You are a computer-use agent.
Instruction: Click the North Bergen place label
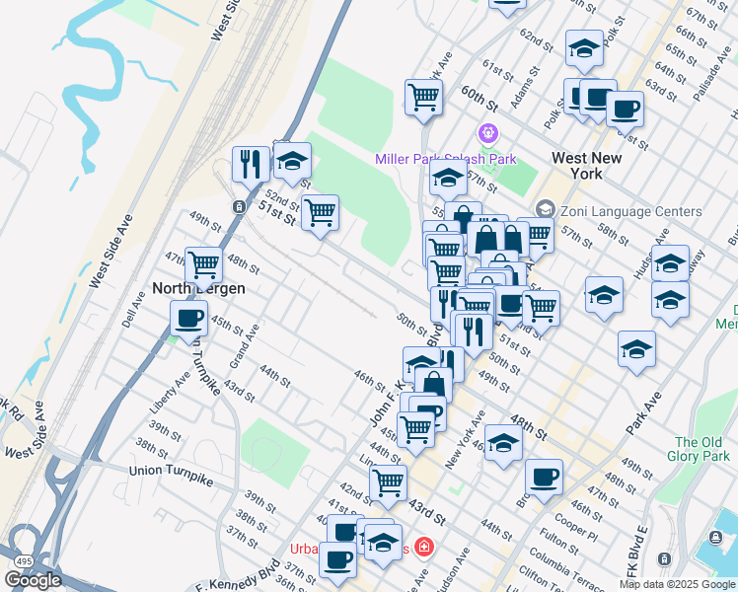(x=197, y=289)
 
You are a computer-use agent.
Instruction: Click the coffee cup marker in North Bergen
(x=188, y=318)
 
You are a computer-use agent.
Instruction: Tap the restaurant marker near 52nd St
(x=250, y=163)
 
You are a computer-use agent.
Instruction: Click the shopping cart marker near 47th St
(x=203, y=263)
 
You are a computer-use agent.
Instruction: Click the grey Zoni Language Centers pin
(x=546, y=209)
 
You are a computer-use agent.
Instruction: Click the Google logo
(x=32, y=580)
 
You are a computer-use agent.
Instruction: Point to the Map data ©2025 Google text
(x=677, y=584)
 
